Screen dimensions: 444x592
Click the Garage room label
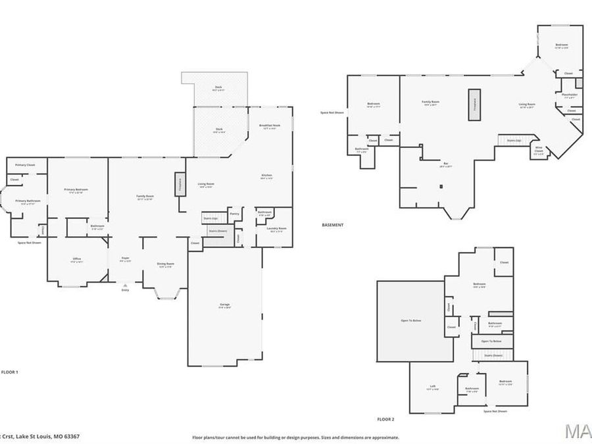point(225,305)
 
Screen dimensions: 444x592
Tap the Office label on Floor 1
point(77,260)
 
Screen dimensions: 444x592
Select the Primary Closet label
point(26,164)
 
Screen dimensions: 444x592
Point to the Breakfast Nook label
point(270,126)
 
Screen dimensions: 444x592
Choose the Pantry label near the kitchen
point(235,214)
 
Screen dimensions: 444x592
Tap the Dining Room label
point(165,264)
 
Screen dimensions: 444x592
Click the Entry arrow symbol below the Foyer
point(125,285)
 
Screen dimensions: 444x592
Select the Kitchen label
point(267,176)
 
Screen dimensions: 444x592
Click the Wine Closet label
point(538,150)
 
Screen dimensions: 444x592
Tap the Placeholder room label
point(570,95)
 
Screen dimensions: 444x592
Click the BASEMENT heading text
point(332,225)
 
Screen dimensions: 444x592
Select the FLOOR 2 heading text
point(385,419)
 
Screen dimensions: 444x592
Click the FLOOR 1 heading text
point(10,372)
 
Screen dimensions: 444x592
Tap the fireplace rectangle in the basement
point(474,105)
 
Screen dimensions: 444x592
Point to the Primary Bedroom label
point(76,191)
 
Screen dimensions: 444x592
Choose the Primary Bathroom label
point(28,202)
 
